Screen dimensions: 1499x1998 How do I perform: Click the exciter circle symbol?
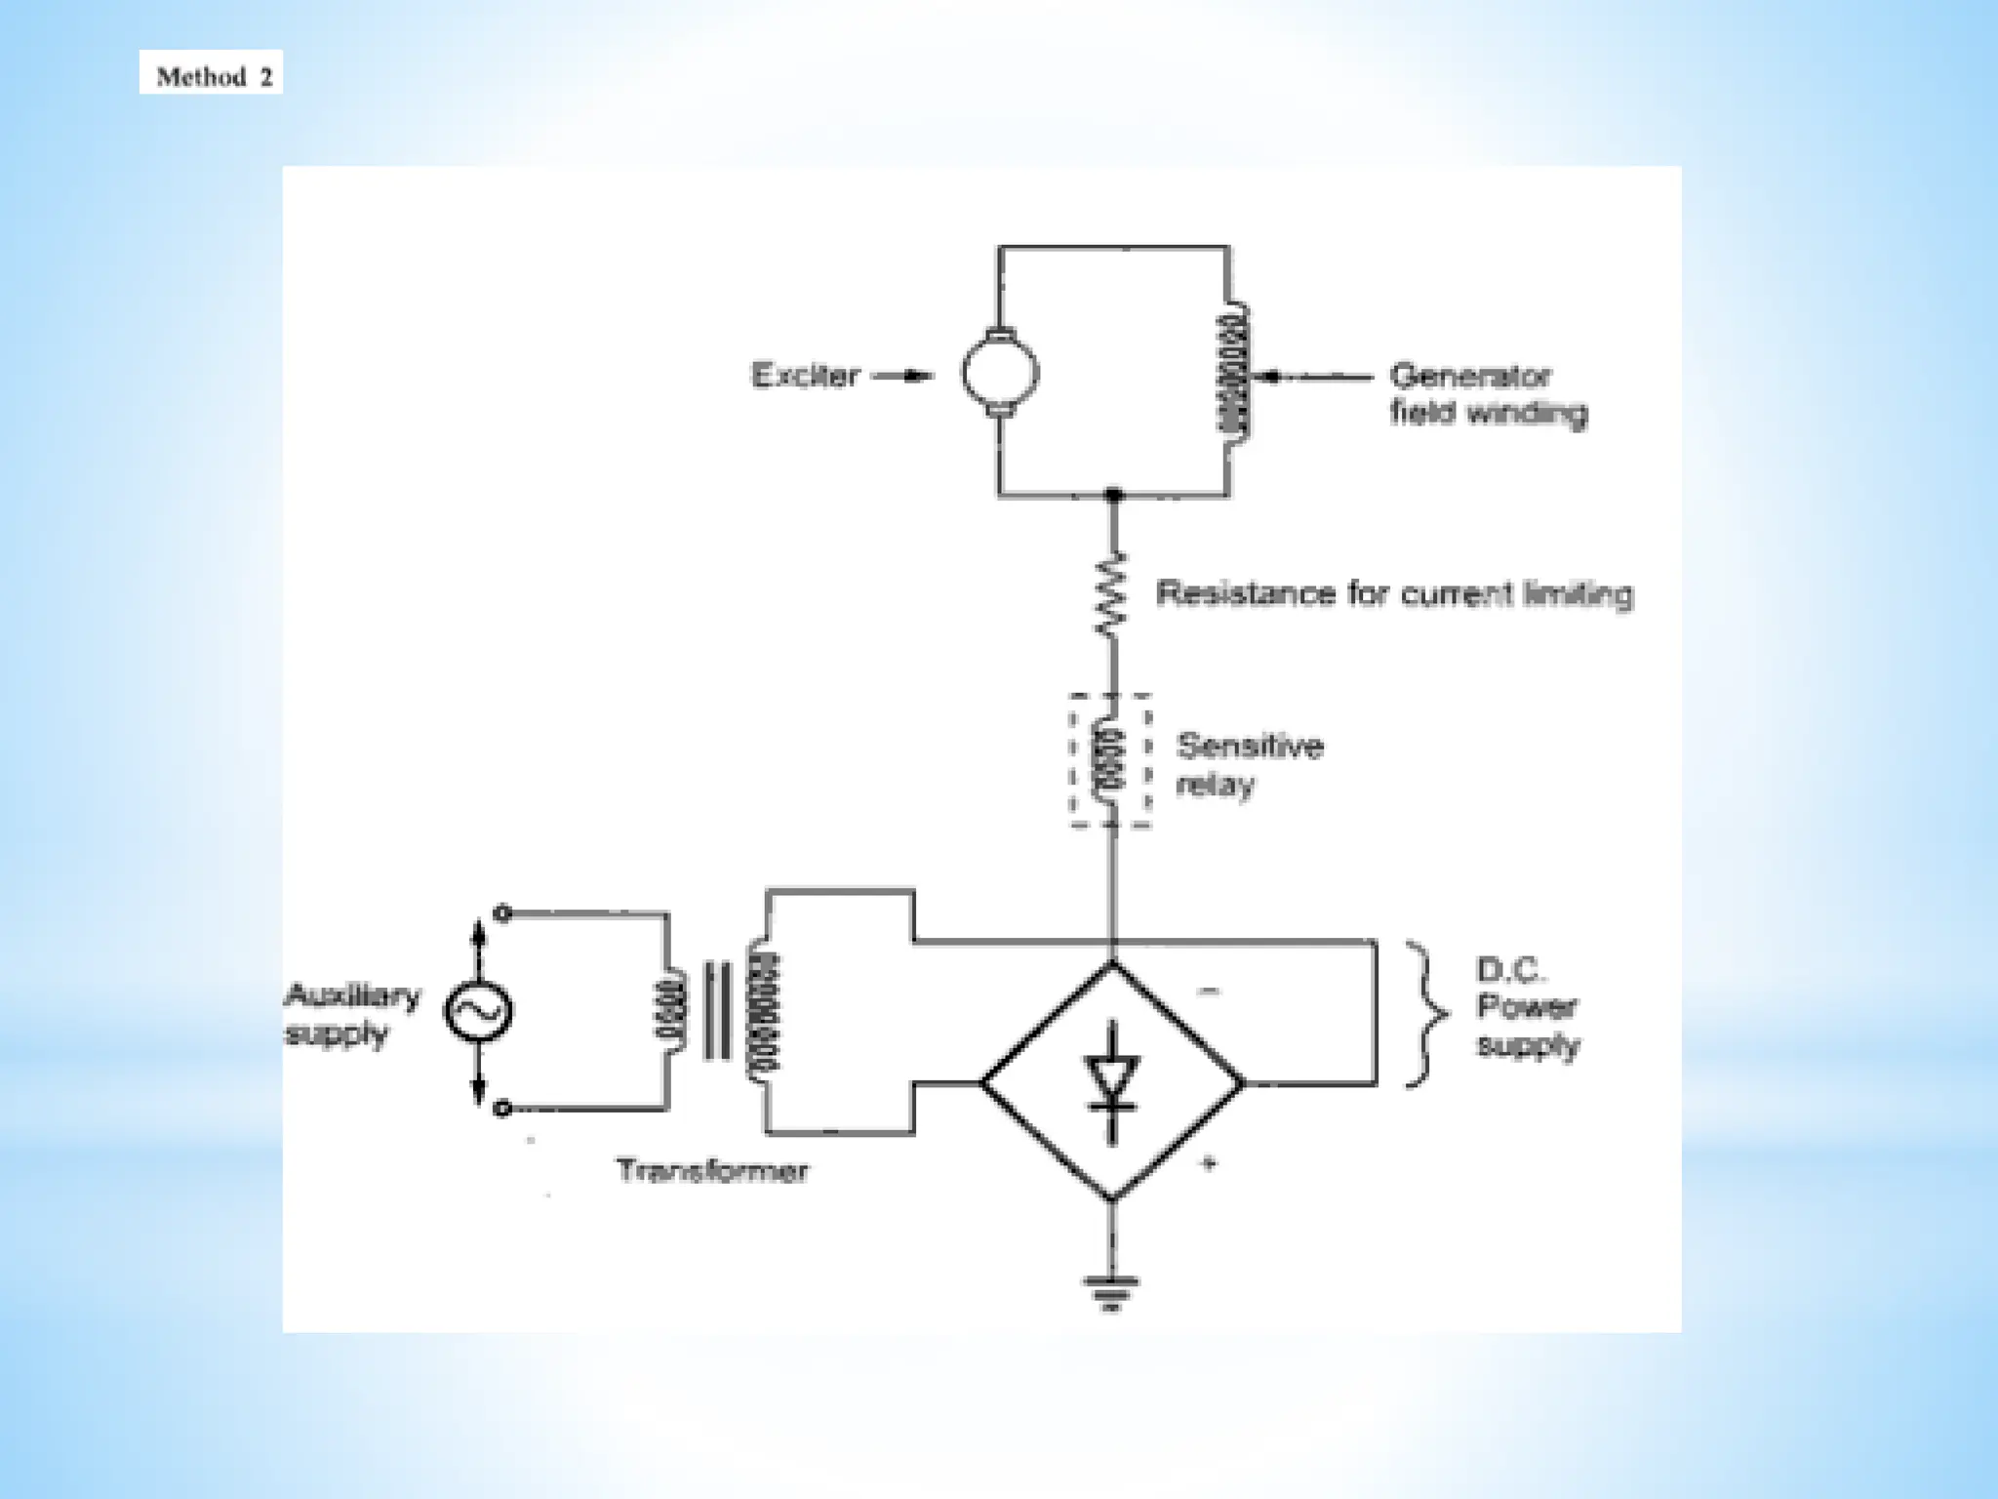(999, 373)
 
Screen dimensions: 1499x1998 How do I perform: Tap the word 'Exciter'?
(805, 376)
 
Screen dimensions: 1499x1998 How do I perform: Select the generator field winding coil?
(1233, 374)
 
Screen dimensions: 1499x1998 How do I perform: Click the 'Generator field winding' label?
(1487, 394)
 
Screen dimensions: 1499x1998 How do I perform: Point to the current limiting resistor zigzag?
(1111, 595)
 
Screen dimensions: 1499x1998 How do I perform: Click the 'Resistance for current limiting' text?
(1393, 593)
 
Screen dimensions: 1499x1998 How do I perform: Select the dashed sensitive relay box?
(1110, 761)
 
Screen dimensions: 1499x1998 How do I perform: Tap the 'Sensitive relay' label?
(1248, 765)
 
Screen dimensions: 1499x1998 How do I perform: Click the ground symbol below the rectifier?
(1111, 1291)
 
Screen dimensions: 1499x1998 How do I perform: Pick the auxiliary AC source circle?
(479, 1011)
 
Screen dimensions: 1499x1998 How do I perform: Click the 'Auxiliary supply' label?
(351, 1013)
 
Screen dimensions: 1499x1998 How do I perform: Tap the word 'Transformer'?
(711, 1170)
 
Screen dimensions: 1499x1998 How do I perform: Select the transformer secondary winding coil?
(765, 1011)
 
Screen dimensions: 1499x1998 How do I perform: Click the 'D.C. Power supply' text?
(1526, 1007)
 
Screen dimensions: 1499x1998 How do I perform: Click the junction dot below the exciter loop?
(1113, 496)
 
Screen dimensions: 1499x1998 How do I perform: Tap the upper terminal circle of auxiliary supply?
(502, 913)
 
